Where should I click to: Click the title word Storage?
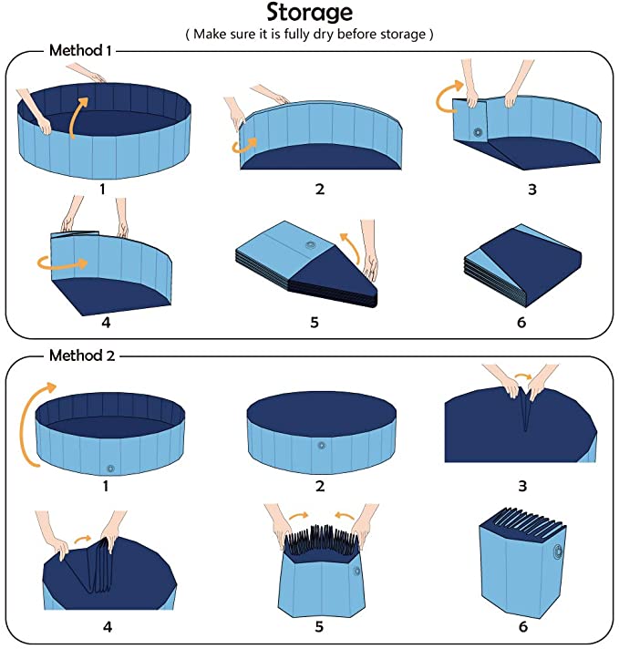(309, 13)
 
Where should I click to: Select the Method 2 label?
(79, 355)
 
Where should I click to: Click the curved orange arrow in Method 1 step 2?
(245, 142)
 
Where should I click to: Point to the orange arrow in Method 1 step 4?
(63, 263)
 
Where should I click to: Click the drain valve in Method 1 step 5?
(312, 246)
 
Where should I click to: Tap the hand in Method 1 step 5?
(368, 251)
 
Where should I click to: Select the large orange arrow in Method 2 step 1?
(39, 415)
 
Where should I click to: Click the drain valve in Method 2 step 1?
(109, 468)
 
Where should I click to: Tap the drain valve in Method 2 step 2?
(320, 445)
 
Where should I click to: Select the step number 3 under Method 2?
(521, 485)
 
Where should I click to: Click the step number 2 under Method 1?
(319, 189)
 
